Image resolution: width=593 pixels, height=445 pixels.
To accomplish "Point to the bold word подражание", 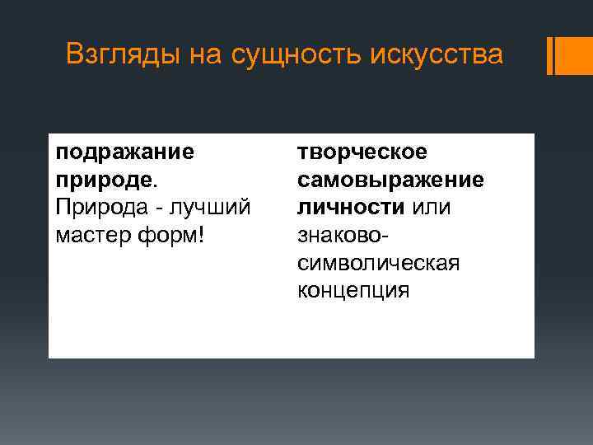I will (x=125, y=152).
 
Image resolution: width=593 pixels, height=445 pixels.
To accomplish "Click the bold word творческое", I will (x=362, y=152).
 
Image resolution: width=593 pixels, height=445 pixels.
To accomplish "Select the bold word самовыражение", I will (x=390, y=180).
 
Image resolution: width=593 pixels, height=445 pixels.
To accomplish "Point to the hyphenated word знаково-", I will (x=343, y=235).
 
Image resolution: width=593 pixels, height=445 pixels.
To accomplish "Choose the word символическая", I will (x=378, y=263).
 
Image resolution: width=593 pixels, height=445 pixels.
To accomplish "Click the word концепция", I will (x=353, y=290).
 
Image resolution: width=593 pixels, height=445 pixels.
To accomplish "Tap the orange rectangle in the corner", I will (x=575, y=56).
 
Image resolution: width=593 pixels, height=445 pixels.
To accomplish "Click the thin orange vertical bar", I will (x=550, y=56).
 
